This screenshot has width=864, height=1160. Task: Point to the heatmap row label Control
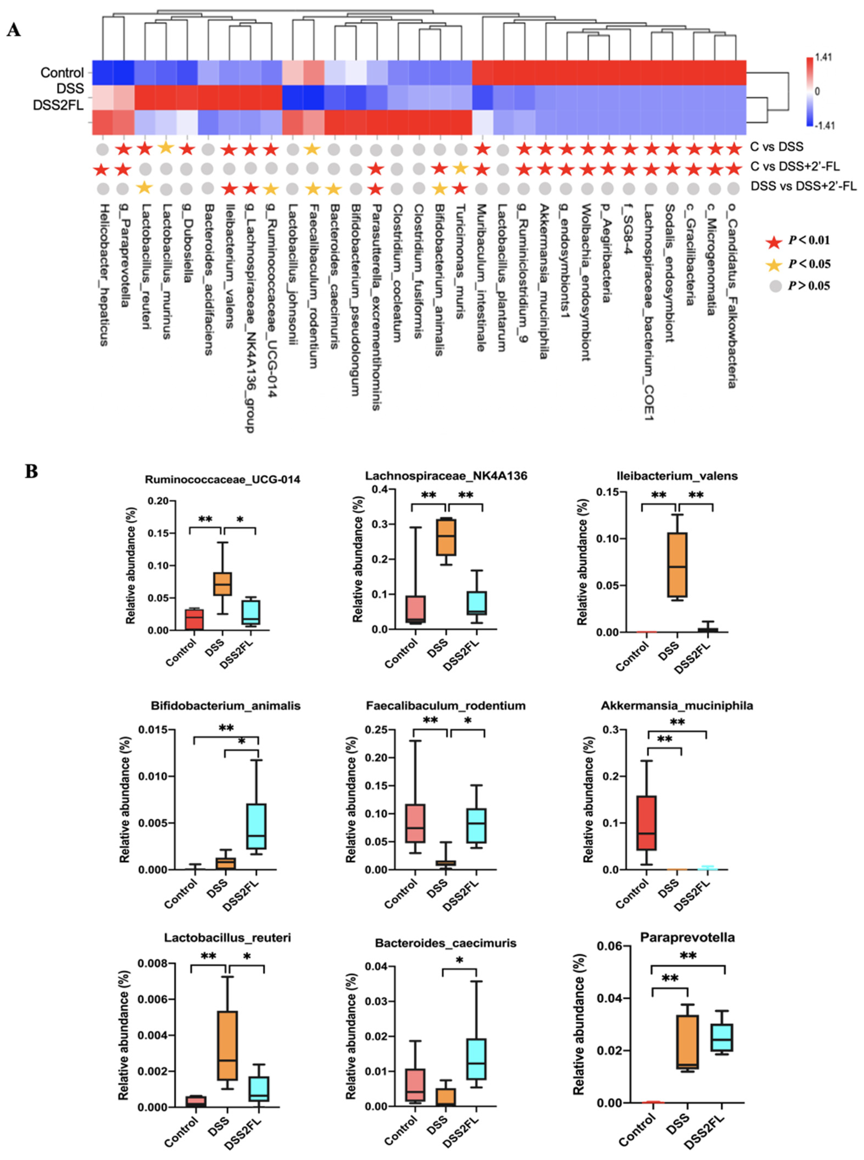pyautogui.click(x=62, y=73)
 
